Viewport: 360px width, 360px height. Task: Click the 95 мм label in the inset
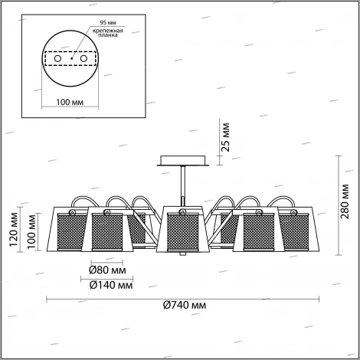[108, 23]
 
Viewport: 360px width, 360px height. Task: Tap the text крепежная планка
[108, 33]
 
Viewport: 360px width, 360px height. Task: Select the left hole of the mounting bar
[57, 59]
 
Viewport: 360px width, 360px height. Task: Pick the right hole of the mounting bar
[83, 59]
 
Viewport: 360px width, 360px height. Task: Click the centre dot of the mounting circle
[72, 58]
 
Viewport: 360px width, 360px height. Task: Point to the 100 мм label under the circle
[70, 102]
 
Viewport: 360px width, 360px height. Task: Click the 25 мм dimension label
[226, 137]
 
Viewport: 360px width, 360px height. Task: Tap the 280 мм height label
[345, 201]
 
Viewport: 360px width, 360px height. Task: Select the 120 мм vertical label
[14, 230]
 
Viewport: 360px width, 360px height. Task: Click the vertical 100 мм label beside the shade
[31, 231]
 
